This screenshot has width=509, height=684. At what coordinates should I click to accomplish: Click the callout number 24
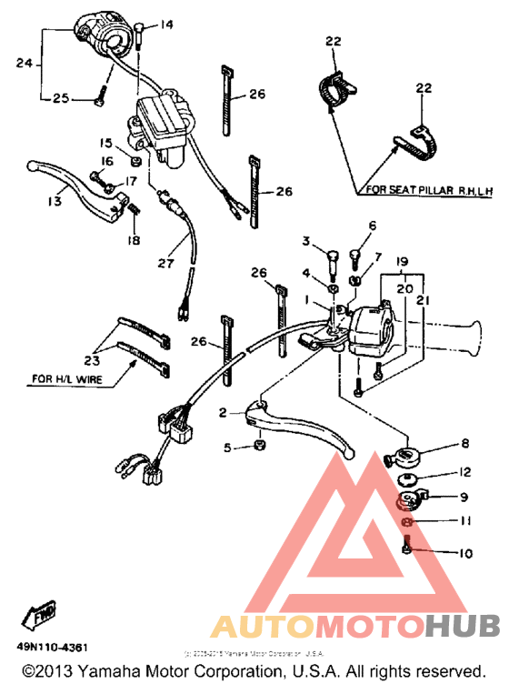24,63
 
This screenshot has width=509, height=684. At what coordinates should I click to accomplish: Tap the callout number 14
166,25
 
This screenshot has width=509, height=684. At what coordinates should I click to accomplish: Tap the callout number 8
464,444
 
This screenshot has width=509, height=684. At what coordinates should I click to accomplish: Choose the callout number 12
465,472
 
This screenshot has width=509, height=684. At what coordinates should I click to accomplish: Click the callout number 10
464,552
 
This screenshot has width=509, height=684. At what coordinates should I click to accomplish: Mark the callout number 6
371,225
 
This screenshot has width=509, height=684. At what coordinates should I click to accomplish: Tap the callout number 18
136,239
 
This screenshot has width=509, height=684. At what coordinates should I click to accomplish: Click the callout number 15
105,144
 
